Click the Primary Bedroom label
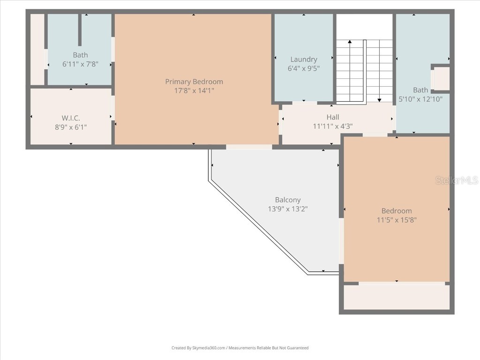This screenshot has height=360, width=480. tap(194, 82)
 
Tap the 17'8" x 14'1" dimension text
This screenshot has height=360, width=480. tap(194, 90)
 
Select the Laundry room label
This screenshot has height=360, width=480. tap(304, 60)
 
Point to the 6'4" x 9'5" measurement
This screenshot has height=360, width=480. tap(304, 68)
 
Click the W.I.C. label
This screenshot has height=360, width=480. tap(71, 118)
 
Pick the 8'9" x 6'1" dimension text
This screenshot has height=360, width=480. tap(71, 127)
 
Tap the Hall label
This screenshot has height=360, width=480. tap(333, 117)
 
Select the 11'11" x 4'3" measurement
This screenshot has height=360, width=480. tap(333, 126)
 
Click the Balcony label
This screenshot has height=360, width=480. tap(288, 200)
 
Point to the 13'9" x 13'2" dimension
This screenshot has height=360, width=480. tap(288, 209)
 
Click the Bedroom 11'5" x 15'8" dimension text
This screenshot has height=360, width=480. tap(397, 220)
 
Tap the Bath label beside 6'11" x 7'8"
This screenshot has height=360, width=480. tap(80, 55)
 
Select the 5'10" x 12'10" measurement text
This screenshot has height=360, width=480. tap(420, 99)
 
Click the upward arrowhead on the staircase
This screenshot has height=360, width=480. tap(350, 43)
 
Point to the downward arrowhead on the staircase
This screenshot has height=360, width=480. tap(379, 99)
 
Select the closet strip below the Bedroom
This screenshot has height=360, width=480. tap(397, 297)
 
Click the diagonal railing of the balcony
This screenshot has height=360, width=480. tap(258, 225)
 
